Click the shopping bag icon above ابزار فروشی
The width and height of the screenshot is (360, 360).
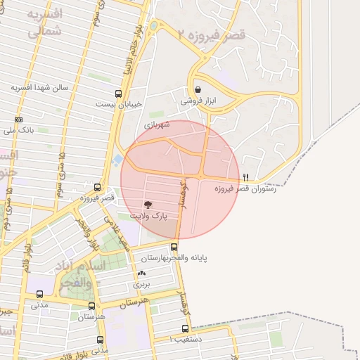pos(198,90)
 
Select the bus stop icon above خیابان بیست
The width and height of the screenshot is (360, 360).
pos(118,93)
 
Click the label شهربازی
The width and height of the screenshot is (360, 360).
pos(157,124)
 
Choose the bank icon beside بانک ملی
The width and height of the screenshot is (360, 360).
pos(18,120)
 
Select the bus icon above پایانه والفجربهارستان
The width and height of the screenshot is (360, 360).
pos(174,246)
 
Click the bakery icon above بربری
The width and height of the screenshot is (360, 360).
pos(143,274)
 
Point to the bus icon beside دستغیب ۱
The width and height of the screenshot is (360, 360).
pos(185,328)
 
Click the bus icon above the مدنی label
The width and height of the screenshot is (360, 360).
pos(39,295)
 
